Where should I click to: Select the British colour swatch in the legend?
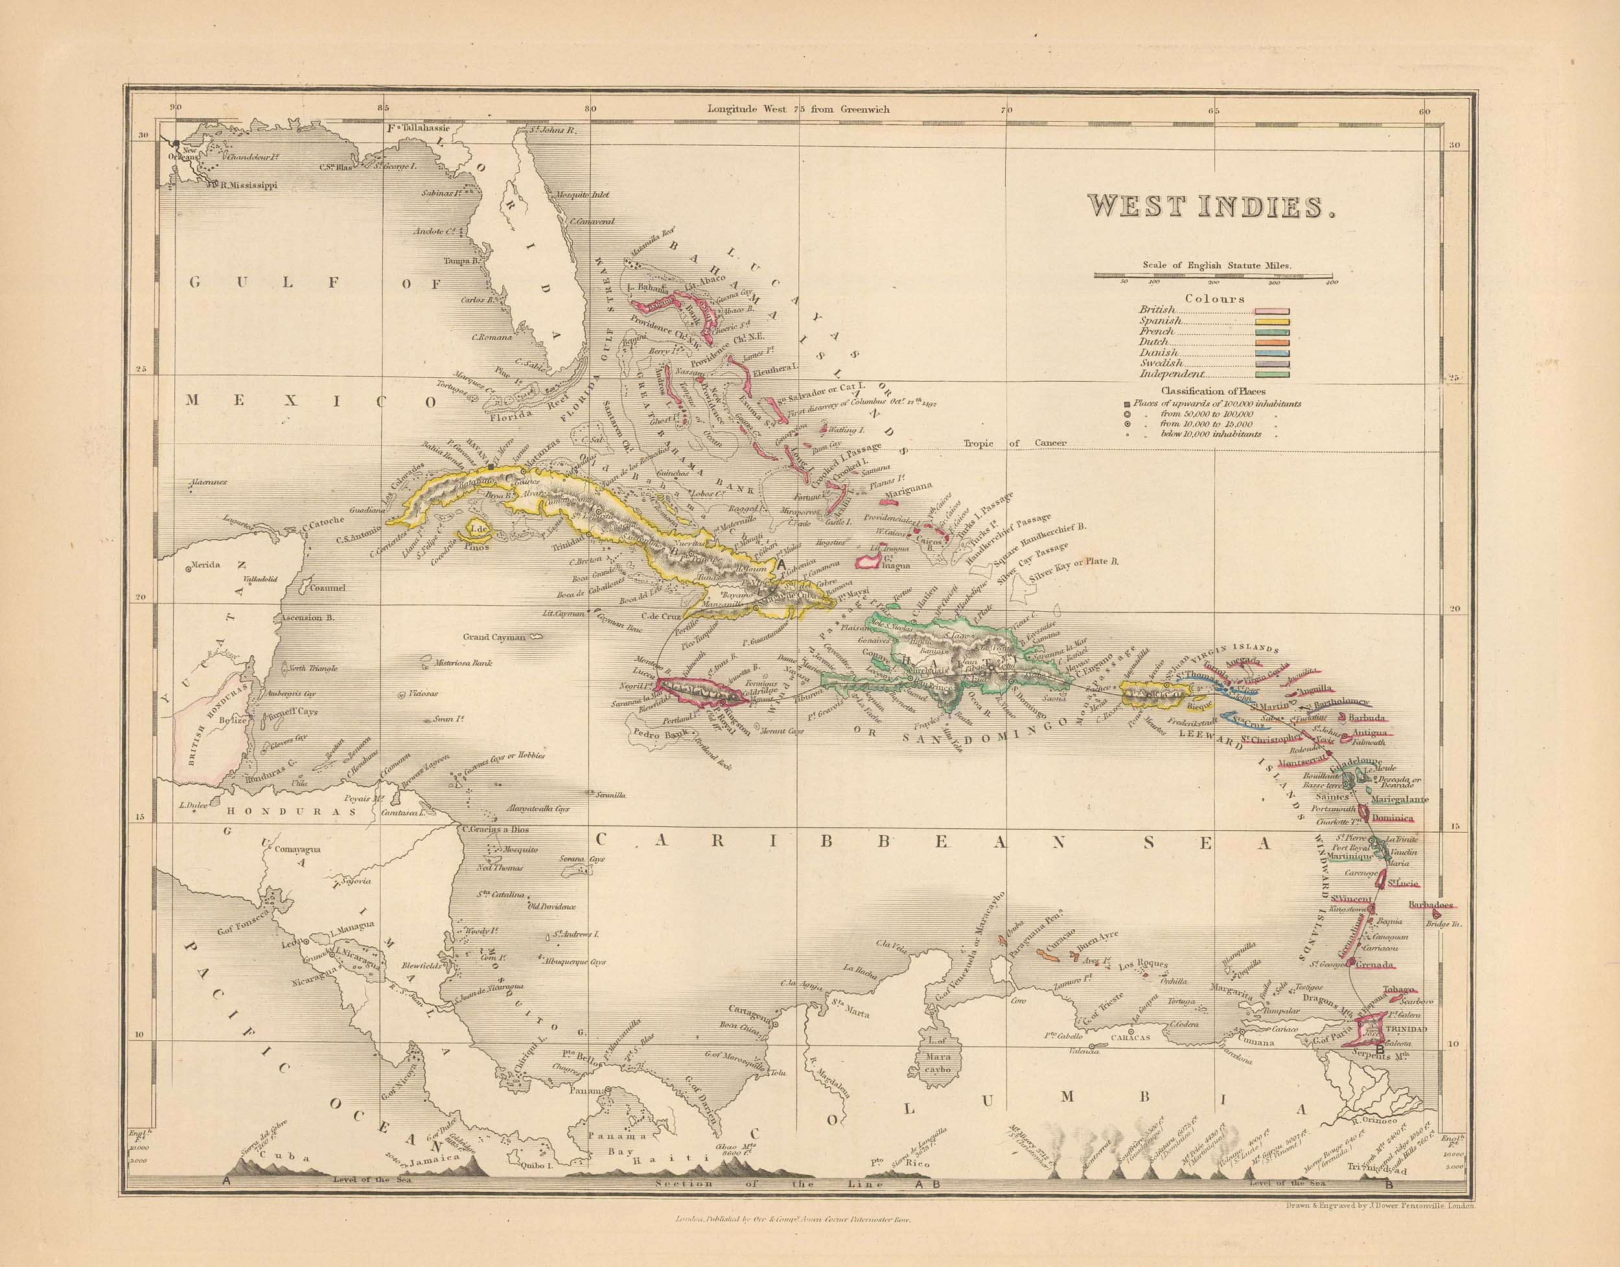[x=1272, y=312]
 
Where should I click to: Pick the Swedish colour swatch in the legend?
[x=1272, y=364]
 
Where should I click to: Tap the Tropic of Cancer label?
[x=1015, y=443]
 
